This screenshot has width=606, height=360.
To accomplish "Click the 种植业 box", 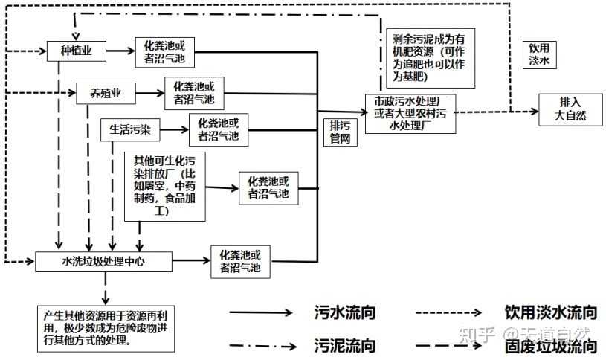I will click(77, 51).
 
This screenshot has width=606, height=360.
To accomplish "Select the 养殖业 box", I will click(108, 93).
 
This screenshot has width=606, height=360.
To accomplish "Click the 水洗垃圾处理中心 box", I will click(104, 261).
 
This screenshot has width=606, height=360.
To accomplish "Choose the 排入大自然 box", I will click(571, 109).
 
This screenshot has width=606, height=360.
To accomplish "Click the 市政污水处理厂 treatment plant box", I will click(410, 114).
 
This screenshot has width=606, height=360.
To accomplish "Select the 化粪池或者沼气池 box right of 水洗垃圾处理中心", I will click(240, 261).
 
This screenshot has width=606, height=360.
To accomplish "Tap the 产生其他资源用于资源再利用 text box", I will click(105, 328).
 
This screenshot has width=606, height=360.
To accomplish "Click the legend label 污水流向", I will click(345, 312).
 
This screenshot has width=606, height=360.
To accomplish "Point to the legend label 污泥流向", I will click(345, 345).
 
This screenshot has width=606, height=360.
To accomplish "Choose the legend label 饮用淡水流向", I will click(550, 312).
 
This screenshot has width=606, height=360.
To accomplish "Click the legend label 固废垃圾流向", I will click(550, 346).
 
